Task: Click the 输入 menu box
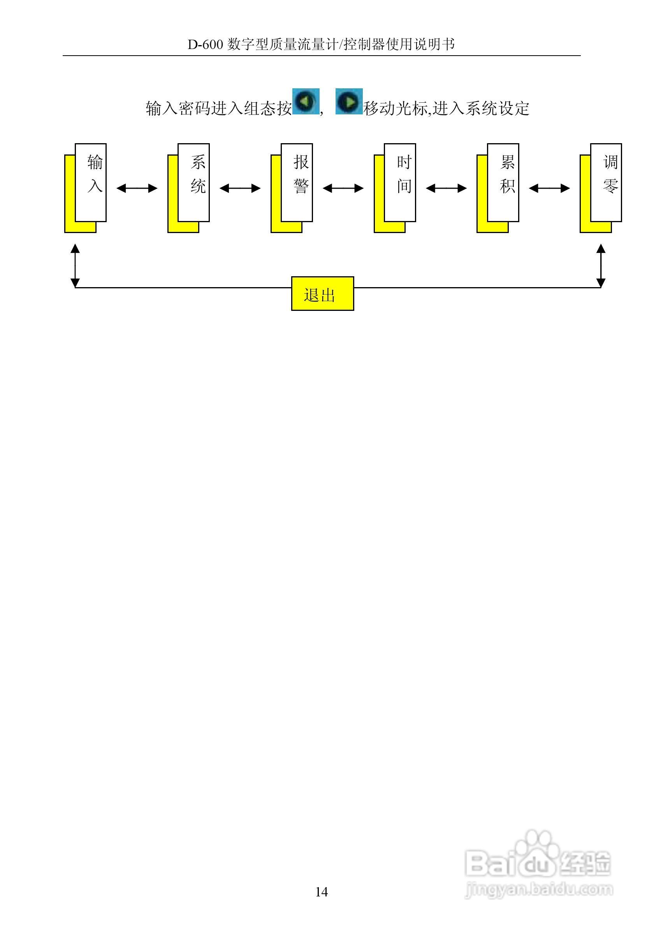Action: [91, 182]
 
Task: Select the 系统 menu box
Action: [193, 182]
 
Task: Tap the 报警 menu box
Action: [297, 182]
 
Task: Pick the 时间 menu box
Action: [400, 182]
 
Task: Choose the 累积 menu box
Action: [503, 182]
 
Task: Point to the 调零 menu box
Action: [606, 182]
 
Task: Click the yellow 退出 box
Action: [322, 294]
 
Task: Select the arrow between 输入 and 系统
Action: [137, 188]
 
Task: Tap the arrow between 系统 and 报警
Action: [240, 188]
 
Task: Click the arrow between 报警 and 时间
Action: [343, 188]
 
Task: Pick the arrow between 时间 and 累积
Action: [446, 188]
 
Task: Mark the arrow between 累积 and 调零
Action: [549, 188]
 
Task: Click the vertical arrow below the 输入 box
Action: [75, 265]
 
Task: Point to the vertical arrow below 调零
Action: [601, 265]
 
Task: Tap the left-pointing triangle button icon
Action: [306, 101]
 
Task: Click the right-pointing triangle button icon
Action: [349, 101]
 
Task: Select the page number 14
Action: [322, 892]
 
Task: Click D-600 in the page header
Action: [205, 44]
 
